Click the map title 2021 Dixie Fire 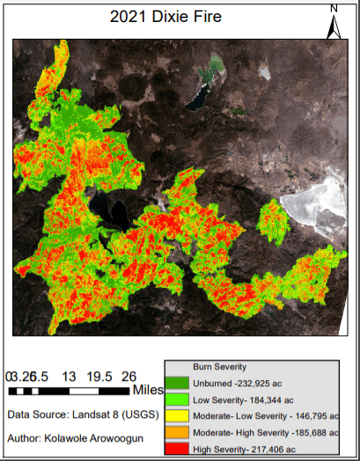(x=172, y=16)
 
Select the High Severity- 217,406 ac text (x=246, y=450)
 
